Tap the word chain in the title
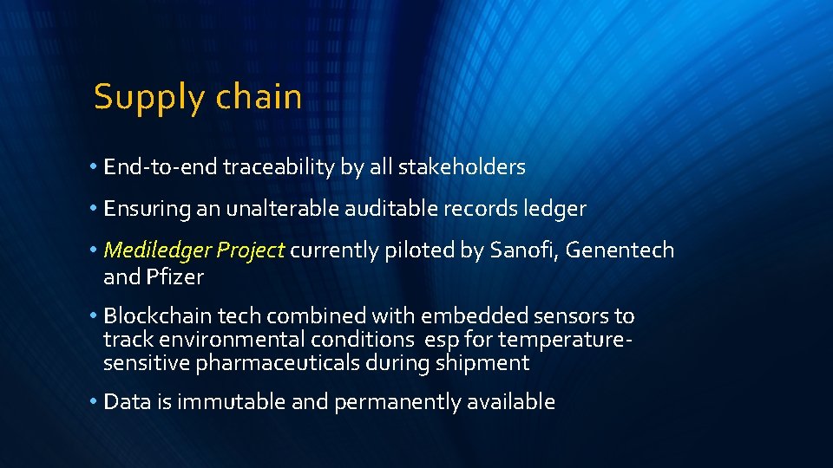click(x=259, y=96)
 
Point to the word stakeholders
click(x=462, y=166)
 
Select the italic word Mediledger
click(x=157, y=251)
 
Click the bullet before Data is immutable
click(x=93, y=402)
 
